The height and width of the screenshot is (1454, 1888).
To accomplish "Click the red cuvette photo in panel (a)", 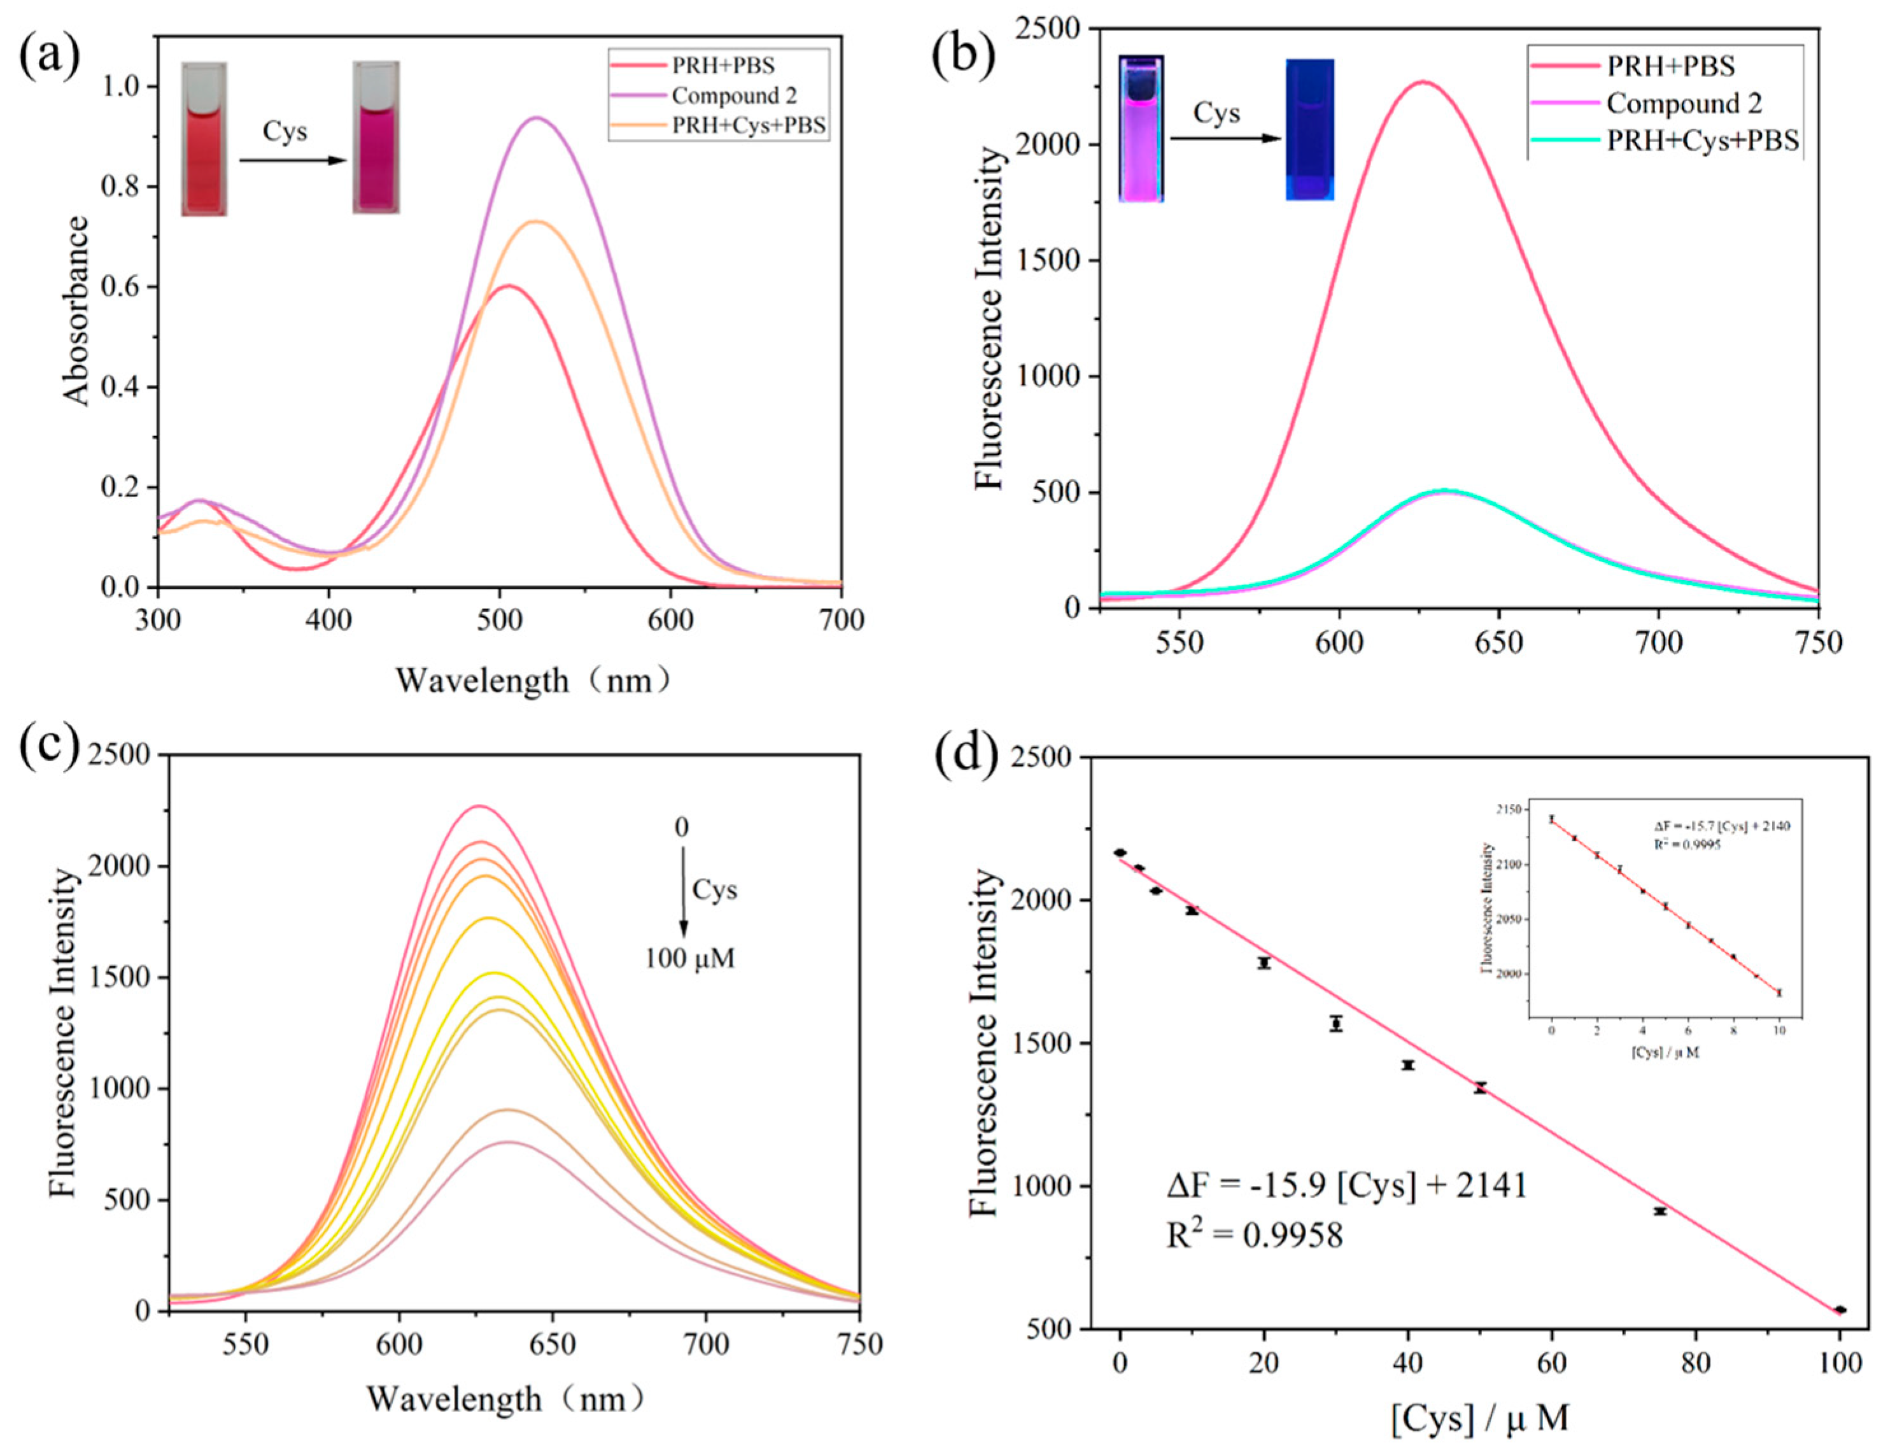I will point(204,138).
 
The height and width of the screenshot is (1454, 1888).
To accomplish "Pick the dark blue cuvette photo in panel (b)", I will point(1309,130).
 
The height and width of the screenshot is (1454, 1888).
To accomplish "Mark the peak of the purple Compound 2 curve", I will point(537,118).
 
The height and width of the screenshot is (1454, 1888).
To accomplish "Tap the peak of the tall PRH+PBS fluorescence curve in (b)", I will point(1423,82).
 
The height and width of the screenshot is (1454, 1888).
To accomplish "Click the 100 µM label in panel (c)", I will point(690,959).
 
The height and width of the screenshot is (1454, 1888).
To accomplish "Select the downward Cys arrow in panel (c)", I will point(683,891).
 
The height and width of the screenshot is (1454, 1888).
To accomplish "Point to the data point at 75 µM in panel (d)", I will point(1659,1211).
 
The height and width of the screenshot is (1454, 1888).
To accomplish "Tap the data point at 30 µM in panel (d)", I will point(1337,1024).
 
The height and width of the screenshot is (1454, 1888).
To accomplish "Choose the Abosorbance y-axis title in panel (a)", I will point(77,311).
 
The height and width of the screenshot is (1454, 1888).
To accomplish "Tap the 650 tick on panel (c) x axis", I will point(553,1345).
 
